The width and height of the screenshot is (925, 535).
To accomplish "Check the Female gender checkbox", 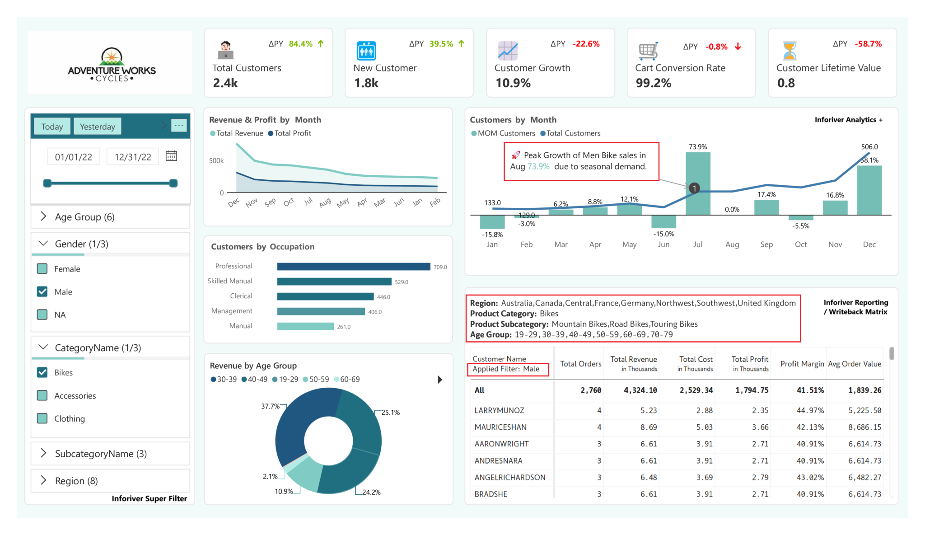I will click(x=42, y=269).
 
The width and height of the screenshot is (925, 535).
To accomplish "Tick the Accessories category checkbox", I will click(x=42, y=396).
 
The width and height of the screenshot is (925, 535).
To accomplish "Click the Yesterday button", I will click(x=97, y=127).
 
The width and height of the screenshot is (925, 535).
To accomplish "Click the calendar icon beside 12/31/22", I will click(x=171, y=156).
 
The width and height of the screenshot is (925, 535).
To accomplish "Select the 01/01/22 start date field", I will click(x=73, y=157).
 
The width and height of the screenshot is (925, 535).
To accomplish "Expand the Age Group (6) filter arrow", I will click(x=43, y=216).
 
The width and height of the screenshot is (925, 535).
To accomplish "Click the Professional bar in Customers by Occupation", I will click(x=353, y=267).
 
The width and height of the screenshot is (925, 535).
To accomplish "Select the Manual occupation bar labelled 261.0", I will click(x=305, y=326).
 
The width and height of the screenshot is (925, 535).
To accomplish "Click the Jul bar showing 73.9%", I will click(x=697, y=183).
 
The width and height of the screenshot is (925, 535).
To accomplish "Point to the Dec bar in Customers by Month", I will click(x=869, y=190).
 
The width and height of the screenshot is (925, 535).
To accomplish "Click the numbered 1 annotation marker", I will click(x=694, y=188).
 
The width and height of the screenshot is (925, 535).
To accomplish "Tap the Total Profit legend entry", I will click(x=290, y=133).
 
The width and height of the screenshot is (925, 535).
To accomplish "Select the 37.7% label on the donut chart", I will click(x=270, y=406).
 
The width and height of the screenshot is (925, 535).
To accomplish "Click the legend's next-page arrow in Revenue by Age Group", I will click(x=440, y=380).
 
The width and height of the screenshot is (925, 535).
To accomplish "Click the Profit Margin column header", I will click(x=802, y=364).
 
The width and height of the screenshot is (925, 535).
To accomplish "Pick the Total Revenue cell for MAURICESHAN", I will click(x=648, y=427).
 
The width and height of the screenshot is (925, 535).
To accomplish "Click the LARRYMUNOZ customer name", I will click(x=499, y=410).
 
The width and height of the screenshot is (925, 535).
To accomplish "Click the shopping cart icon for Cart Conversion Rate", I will click(x=648, y=51).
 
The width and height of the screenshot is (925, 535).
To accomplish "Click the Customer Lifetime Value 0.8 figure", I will click(x=786, y=83).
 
